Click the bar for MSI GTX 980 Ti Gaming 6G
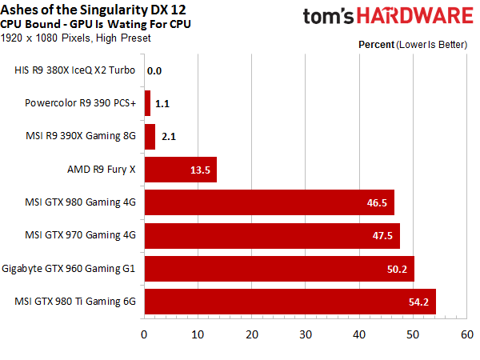pyautogui.click(x=290, y=302)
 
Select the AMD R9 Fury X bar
pyautogui.click(x=181, y=170)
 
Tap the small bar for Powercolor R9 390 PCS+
pyautogui.click(x=147, y=103)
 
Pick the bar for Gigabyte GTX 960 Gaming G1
pyautogui.click(x=279, y=269)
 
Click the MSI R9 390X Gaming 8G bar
pyautogui.click(x=150, y=137)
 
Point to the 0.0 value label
pyautogui.click(x=154, y=71)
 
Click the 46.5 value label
pyautogui.click(x=377, y=202)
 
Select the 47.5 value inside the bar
pyautogui.click(x=382, y=235)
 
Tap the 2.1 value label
pyautogui.click(x=169, y=137)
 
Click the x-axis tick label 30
pyautogui.click(x=306, y=334)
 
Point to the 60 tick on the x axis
pyautogui.click(x=467, y=334)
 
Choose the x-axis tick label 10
pyautogui.click(x=198, y=334)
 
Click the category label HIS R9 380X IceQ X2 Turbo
pyautogui.click(x=74, y=70)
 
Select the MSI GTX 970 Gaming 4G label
pyautogui.click(x=80, y=235)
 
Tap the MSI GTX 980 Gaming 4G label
pyautogui.click(x=80, y=202)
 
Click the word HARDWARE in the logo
pyautogui.click(x=415, y=16)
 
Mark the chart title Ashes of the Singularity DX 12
pyautogui.click(x=93, y=10)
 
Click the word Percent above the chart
pyautogui.click(x=376, y=45)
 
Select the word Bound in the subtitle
pyautogui.click(x=46, y=24)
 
